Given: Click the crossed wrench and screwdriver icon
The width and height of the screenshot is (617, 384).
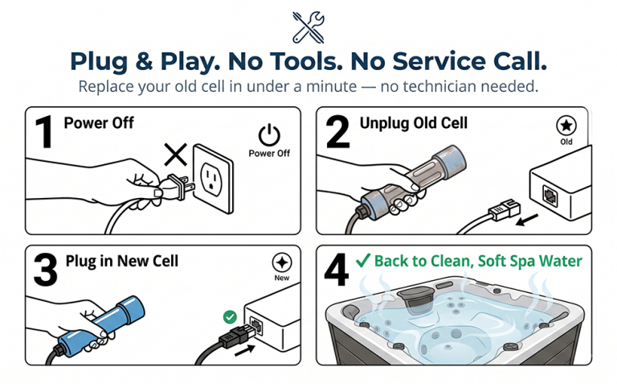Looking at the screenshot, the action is [x=308, y=27].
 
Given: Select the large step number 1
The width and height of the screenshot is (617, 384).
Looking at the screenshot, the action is [x=45, y=132].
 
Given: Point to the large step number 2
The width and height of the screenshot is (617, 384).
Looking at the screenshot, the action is [x=338, y=132].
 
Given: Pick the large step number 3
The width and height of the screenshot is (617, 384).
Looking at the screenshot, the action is [x=46, y=270].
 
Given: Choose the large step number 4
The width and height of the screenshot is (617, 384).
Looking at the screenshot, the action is [x=337, y=270].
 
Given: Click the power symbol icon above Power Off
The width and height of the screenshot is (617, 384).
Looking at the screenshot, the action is [x=270, y=134].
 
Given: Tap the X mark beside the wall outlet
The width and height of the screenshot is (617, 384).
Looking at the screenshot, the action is [x=175, y=155].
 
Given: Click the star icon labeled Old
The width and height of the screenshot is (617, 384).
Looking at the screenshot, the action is [x=566, y=126].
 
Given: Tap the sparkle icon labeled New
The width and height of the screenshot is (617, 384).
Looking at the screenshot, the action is [x=282, y=262].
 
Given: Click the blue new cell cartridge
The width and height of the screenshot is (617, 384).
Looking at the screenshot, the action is [x=101, y=326].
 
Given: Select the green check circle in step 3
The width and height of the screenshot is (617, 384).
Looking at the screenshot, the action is [x=230, y=317].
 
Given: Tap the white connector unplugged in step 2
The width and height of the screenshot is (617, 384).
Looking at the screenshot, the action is [x=505, y=209].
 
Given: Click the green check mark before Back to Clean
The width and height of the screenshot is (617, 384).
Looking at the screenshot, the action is [x=363, y=261].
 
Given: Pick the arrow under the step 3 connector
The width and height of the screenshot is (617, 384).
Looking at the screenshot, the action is [x=244, y=350].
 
